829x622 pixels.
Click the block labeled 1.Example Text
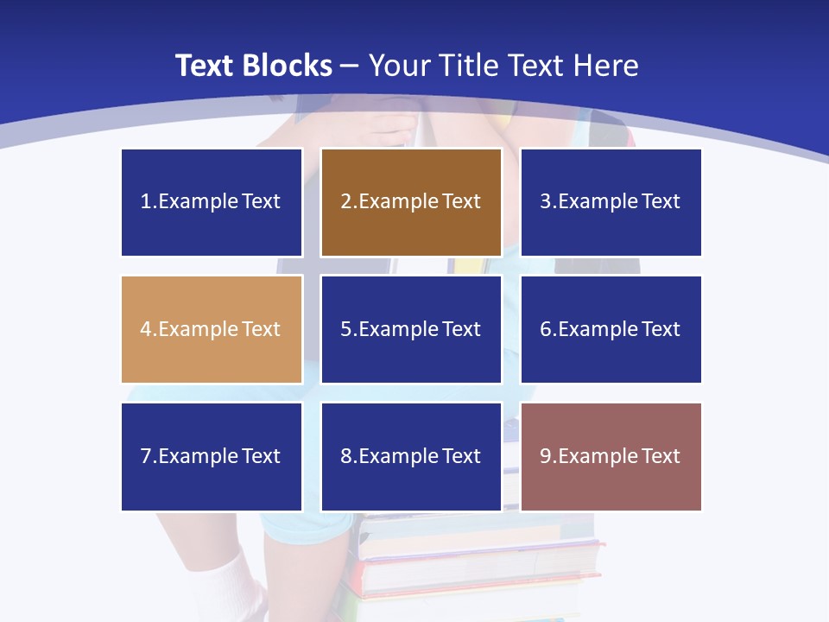pos(212,202)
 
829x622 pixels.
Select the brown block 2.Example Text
pos(411,202)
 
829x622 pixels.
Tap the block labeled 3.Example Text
pos(611,202)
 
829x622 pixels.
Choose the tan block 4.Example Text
pos(212,329)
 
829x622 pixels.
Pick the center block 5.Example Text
pos(411,329)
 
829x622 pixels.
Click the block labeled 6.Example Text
pos(611,329)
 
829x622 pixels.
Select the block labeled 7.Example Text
pos(212,456)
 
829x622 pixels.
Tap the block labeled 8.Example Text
pos(411,456)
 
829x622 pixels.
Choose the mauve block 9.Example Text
pos(611,456)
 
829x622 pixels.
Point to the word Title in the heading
pos(471,66)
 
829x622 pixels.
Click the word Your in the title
pos(401,66)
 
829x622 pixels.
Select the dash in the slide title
pos(350,67)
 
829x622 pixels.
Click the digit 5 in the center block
pos(345,329)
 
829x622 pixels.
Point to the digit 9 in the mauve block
pos(545,456)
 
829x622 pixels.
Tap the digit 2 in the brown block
pos(345,202)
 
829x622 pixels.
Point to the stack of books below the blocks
pos(479,562)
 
